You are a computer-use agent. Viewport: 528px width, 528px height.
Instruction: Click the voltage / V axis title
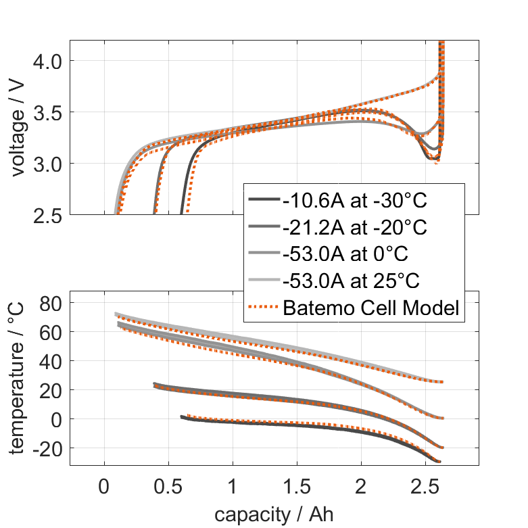18,128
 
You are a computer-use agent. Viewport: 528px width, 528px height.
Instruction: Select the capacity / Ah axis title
274,514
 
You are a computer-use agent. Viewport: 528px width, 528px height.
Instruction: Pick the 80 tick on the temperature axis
50,304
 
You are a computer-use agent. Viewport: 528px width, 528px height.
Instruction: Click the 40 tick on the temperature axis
50,362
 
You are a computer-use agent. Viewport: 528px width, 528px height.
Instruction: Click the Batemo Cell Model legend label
372,308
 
